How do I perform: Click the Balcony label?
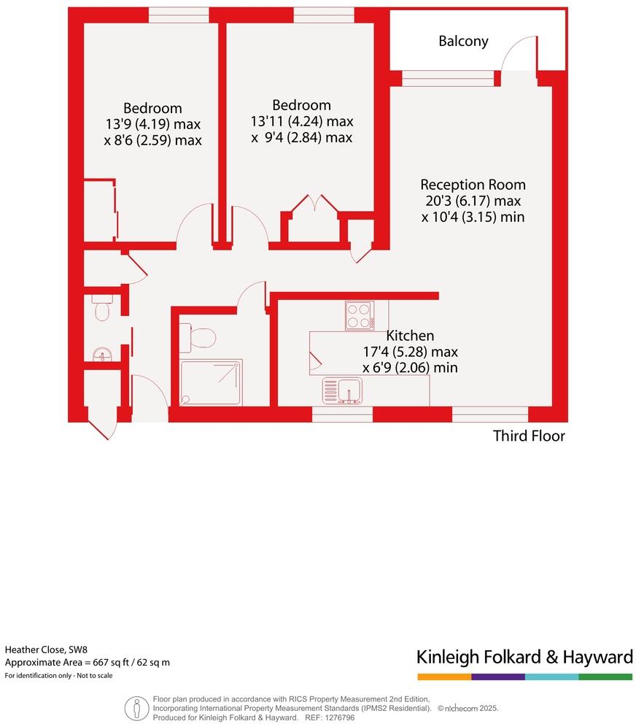(x=463, y=42)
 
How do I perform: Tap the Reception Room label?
(x=473, y=185)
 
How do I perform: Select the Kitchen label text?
(x=410, y=336)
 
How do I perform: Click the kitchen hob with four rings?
(x=360, y=315)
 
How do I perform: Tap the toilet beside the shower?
(x=201, y=337)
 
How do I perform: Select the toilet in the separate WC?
(x=101, y=308)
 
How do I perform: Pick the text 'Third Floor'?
(x=529, y=436)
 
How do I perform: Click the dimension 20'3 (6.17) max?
(x=473, y=201)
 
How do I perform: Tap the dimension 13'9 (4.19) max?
(x=152, y=124)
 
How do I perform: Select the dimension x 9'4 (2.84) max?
(x=301, y=137)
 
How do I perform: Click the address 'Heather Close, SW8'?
(x=45, y=649)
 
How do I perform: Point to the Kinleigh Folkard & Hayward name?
(x=524, y=657)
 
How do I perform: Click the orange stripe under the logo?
(x=443, y=677)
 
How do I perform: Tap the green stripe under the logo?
(x=605, y=677)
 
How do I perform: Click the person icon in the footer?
(x=135, y=707)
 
